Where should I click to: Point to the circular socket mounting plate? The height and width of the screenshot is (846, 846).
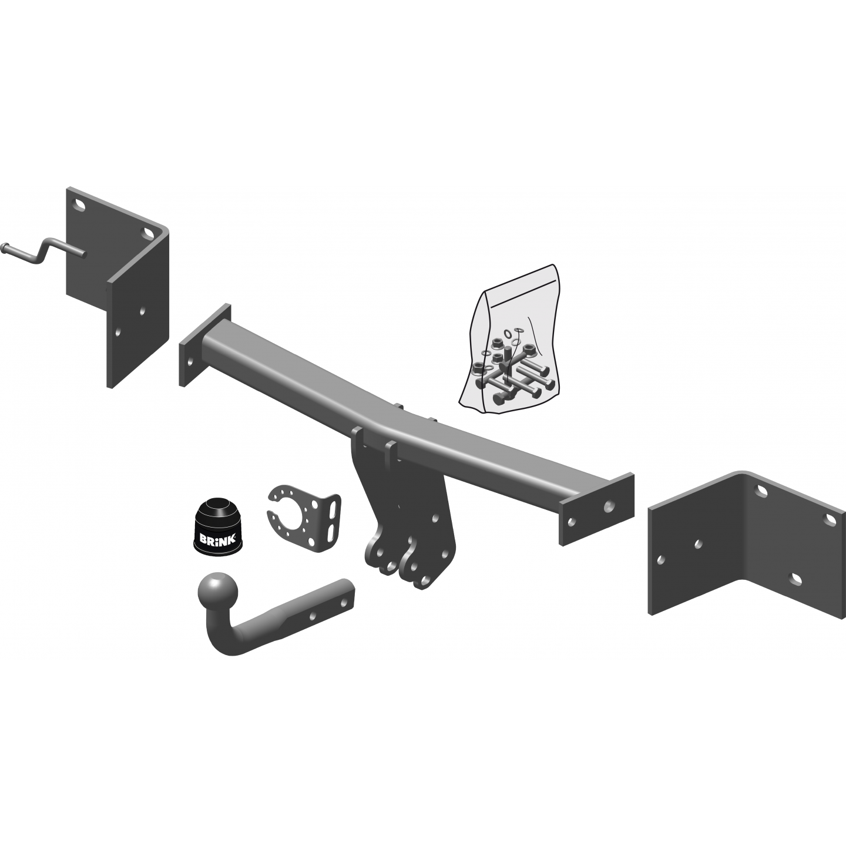coord(304,518)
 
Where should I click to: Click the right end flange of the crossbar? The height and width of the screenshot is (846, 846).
coord(596,509)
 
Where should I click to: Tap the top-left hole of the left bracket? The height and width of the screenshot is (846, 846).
coord(79,205)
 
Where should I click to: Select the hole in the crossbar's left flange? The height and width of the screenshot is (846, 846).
coord(190,362)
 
